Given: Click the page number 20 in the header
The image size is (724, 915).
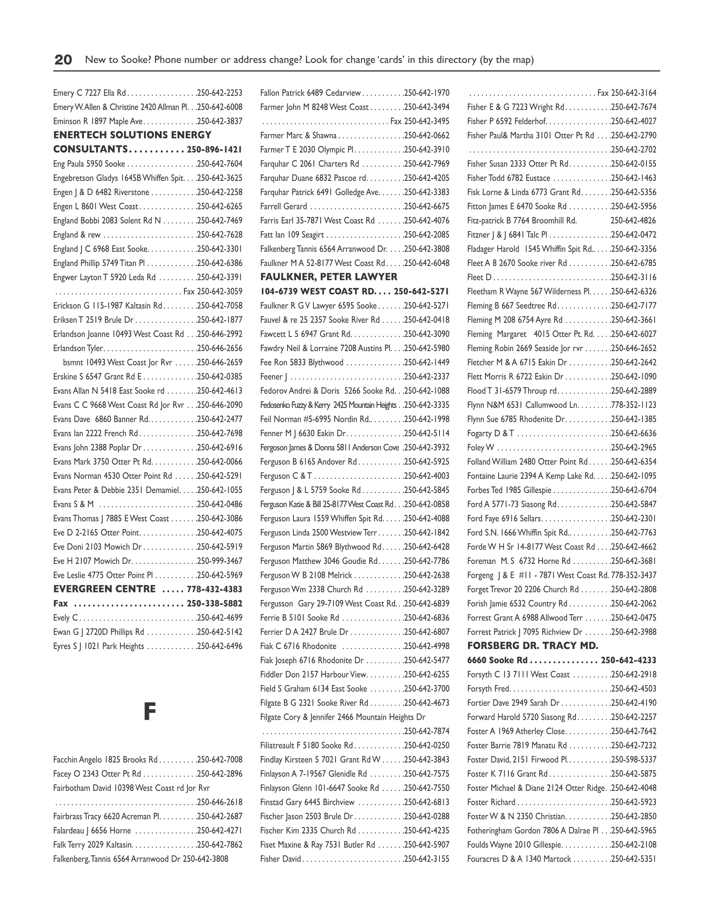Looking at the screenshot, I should tap(63, 60).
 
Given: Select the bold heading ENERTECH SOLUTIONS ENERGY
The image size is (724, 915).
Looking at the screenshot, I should tap(132, 135).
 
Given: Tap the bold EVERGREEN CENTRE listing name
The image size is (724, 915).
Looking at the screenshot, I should tap(104, 589).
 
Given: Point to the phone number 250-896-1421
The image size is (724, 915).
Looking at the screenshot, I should tap(214, 150).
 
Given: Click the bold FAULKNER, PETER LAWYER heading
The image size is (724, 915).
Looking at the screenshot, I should tap(328, 277).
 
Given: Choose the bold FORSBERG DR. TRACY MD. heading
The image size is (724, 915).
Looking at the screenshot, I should tap(532, 646).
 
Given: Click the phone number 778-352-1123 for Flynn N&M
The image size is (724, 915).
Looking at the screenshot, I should tap(633, 405).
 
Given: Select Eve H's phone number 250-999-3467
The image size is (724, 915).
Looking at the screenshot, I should tap(220, 561).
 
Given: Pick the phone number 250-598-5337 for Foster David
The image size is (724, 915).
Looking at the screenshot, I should tap(633, 760).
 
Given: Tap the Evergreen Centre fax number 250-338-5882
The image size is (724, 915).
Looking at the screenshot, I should tap(214, 603).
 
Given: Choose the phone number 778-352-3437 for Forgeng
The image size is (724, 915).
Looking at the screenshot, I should tap(633, 575).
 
